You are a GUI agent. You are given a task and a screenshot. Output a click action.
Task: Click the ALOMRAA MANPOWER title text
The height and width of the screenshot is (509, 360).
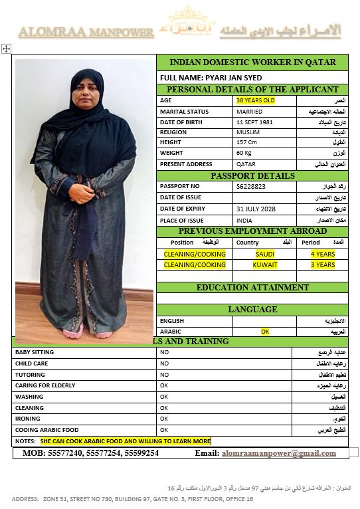tap(86, 31)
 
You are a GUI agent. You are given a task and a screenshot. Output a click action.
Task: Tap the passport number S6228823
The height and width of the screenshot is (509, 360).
tap(251, 187)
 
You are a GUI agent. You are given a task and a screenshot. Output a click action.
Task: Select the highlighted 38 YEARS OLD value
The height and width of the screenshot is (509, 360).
tap(255, 100)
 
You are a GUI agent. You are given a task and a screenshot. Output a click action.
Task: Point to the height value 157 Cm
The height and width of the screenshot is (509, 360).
tap(246, 142)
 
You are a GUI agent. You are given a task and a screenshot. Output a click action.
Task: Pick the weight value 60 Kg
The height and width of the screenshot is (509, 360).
tap(244, 153)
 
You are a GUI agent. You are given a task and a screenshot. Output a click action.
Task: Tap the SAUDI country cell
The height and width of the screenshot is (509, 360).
tap(265, 254)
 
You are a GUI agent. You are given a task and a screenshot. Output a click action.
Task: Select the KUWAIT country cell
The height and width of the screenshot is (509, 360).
tap(265, 264)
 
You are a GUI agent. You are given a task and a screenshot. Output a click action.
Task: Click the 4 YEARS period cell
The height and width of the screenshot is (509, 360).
tap(323, 254)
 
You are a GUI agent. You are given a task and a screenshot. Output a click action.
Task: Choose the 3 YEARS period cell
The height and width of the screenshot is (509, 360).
tap(323, 264)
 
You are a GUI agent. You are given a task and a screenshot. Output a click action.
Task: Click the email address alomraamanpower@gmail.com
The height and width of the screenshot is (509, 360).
tap(278, 453)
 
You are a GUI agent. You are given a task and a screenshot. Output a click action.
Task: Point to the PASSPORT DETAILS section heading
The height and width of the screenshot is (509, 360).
tap(252, 175)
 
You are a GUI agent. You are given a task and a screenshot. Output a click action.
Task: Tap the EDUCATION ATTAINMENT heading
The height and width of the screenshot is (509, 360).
tap(252, 288)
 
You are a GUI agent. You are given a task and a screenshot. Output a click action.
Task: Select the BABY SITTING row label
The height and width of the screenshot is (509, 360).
tap(35, 352)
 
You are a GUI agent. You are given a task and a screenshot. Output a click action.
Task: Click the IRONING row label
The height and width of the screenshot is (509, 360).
tap(29, 419)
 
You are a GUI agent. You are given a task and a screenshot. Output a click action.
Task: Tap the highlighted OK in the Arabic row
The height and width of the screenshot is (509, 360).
tap(265, 331)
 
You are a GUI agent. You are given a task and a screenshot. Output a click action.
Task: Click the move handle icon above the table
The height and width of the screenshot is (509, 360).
tap(6, 49)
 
